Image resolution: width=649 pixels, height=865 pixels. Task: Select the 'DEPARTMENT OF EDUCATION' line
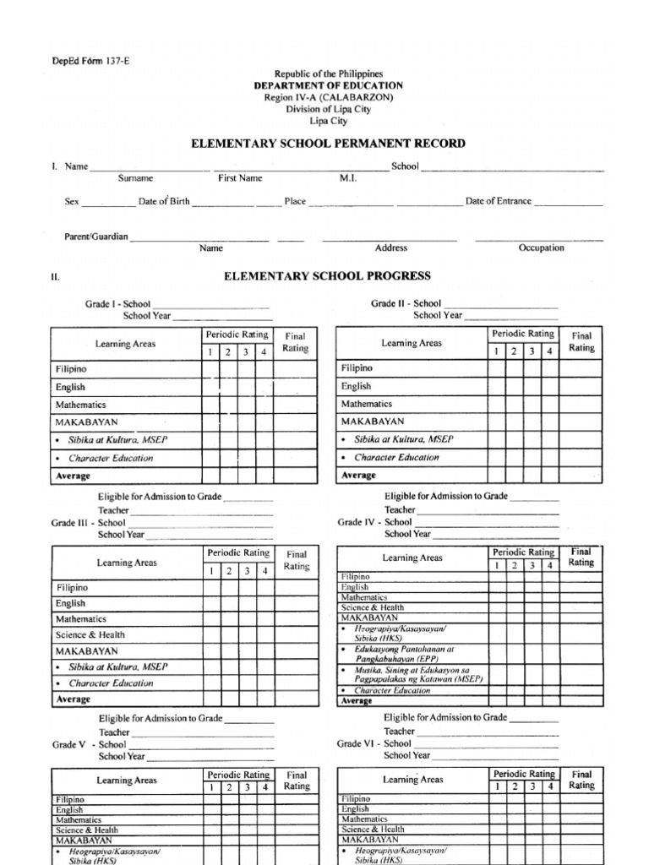click(329, 86)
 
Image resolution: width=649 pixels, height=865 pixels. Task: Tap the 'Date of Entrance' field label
click(499, 201)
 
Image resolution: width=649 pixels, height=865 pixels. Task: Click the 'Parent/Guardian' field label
click(96, 237)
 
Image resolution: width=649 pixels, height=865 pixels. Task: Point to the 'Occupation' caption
click(541, 248)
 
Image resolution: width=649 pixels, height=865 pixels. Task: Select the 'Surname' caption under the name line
click(135, 178)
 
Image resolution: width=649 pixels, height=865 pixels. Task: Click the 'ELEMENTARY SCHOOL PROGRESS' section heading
click(327, 276)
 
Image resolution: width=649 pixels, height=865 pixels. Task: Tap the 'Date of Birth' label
click(164, 202)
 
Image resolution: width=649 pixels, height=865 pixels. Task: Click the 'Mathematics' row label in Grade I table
click(81, 405)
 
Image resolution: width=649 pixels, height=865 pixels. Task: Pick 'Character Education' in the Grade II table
click(396, 457)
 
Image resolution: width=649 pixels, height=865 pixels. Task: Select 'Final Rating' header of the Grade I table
click(296, 342)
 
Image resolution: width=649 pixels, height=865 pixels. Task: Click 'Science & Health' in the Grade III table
click(90, 634)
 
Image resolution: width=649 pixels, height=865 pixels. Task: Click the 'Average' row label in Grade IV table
click(356, 701)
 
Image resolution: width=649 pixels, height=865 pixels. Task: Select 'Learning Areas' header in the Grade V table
click(126, 781)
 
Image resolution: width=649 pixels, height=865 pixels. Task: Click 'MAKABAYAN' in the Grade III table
click(87, 651)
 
